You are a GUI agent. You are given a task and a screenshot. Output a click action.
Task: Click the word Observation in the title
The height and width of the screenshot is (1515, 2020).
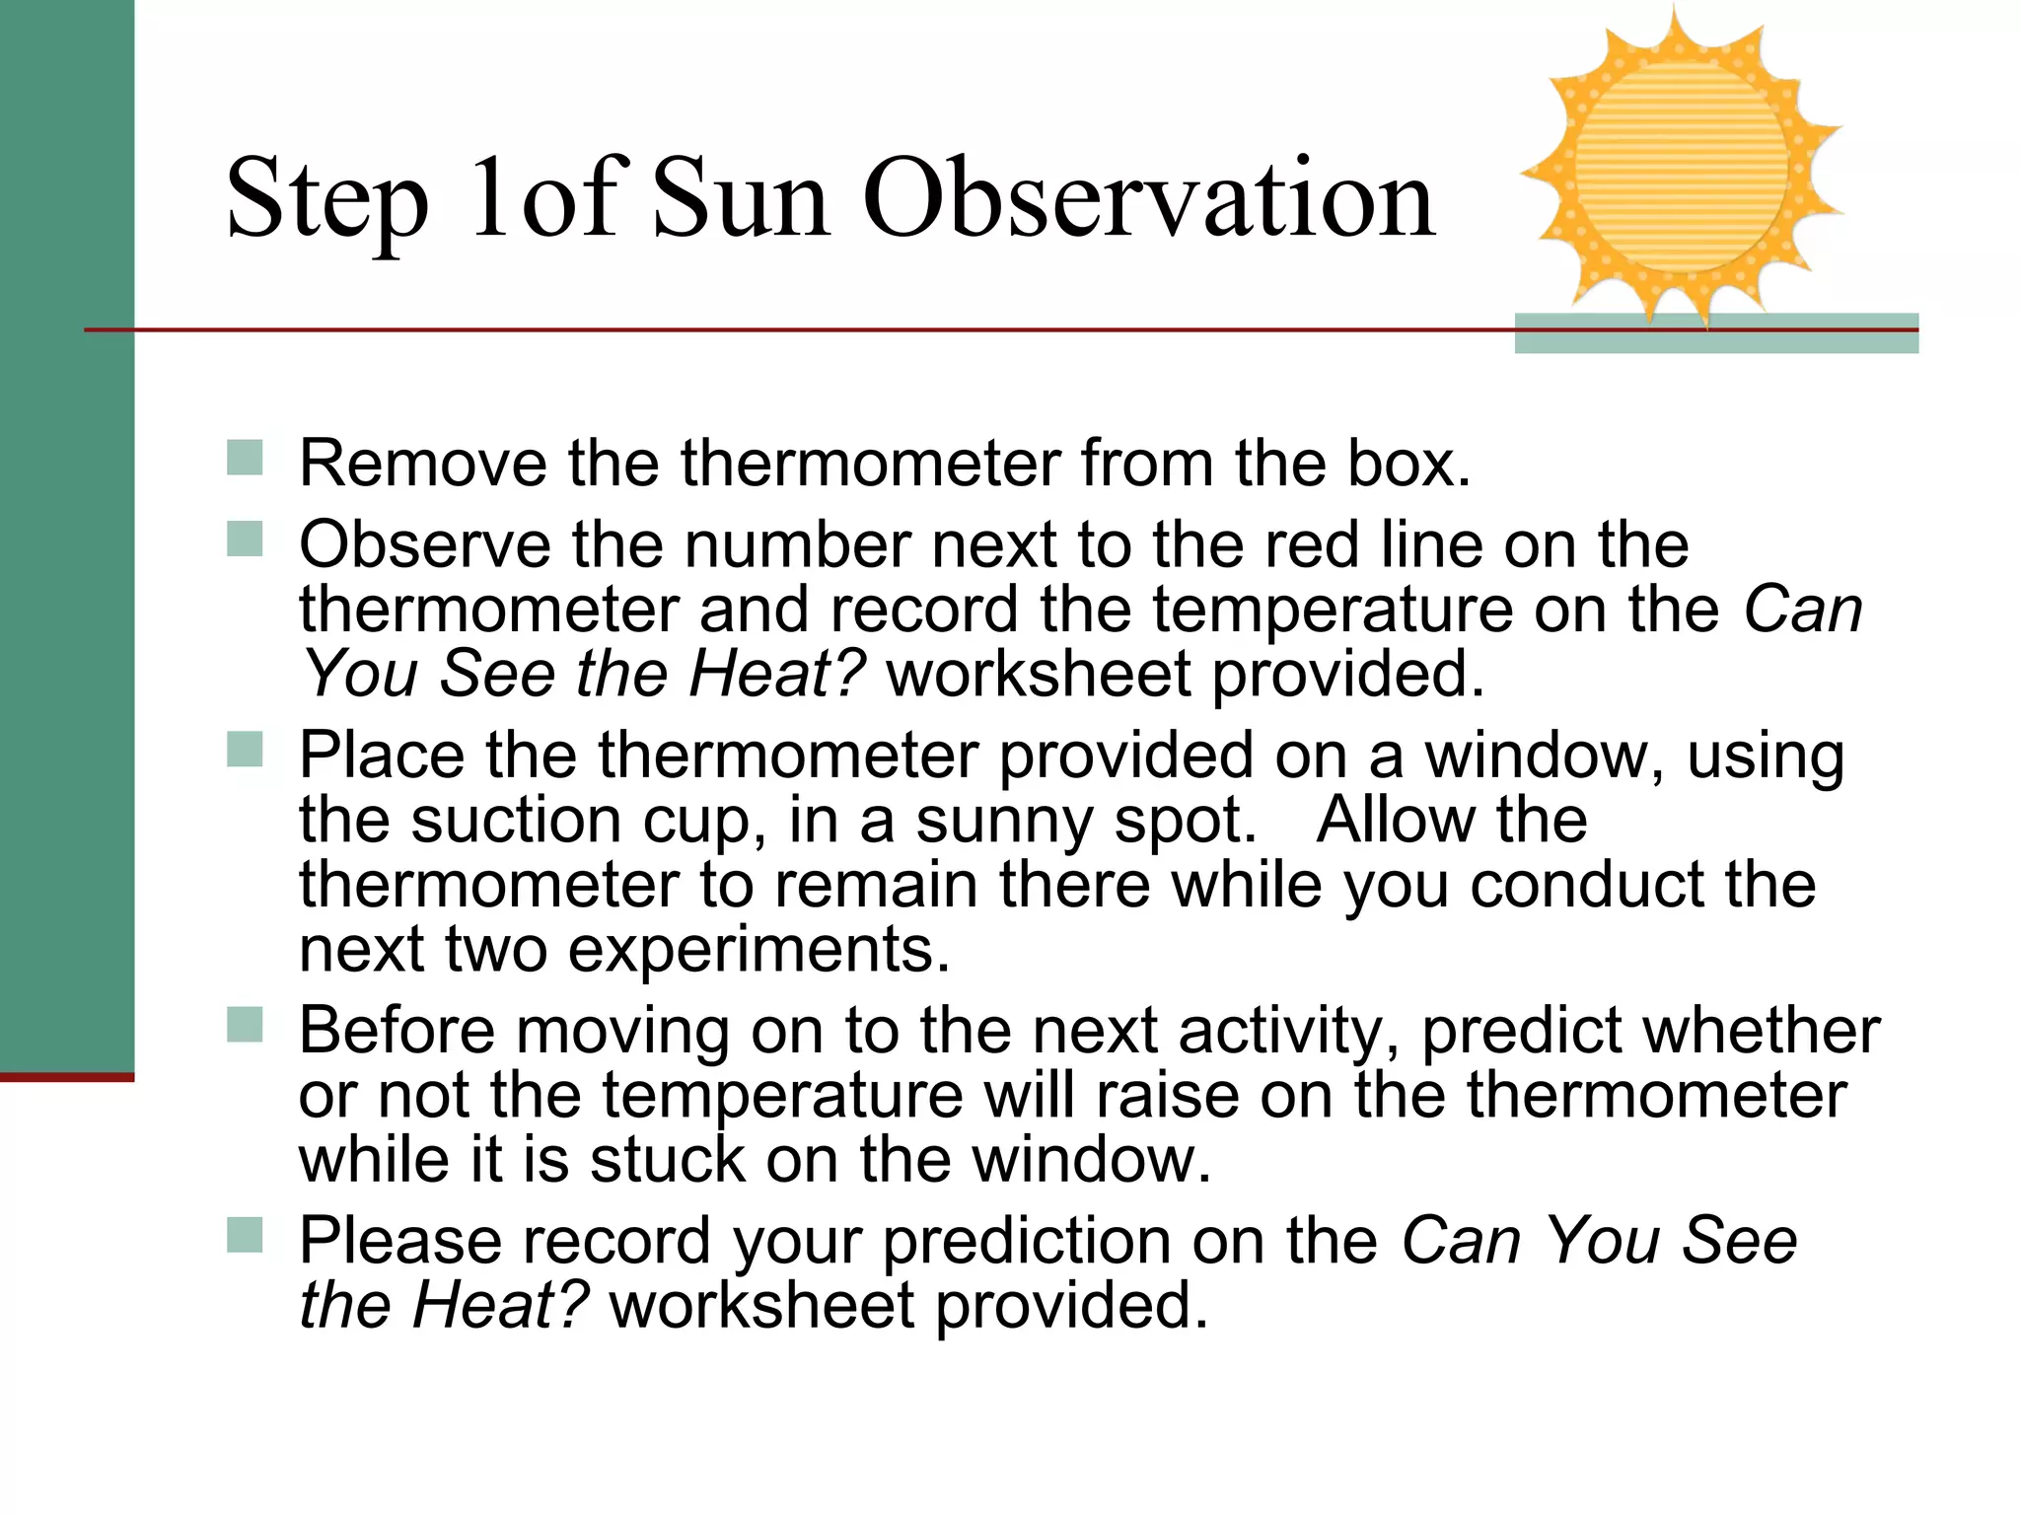[1149, 199]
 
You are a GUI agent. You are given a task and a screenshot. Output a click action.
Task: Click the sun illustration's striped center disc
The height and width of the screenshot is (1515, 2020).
[1681, 168]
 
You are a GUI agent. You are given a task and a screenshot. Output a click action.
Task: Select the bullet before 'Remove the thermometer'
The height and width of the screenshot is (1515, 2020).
[245, 458]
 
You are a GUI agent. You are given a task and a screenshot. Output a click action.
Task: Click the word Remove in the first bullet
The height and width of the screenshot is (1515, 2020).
[422, 463]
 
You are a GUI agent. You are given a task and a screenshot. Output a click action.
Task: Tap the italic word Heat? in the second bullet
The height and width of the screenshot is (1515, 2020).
[776, 675]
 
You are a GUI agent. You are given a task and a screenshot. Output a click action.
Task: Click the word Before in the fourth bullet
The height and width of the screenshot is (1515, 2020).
[397, 1032]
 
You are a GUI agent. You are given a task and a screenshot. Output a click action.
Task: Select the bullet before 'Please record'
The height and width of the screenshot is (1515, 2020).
[245, 1235]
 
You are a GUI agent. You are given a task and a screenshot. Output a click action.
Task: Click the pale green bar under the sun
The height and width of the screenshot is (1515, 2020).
[1715, 340]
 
